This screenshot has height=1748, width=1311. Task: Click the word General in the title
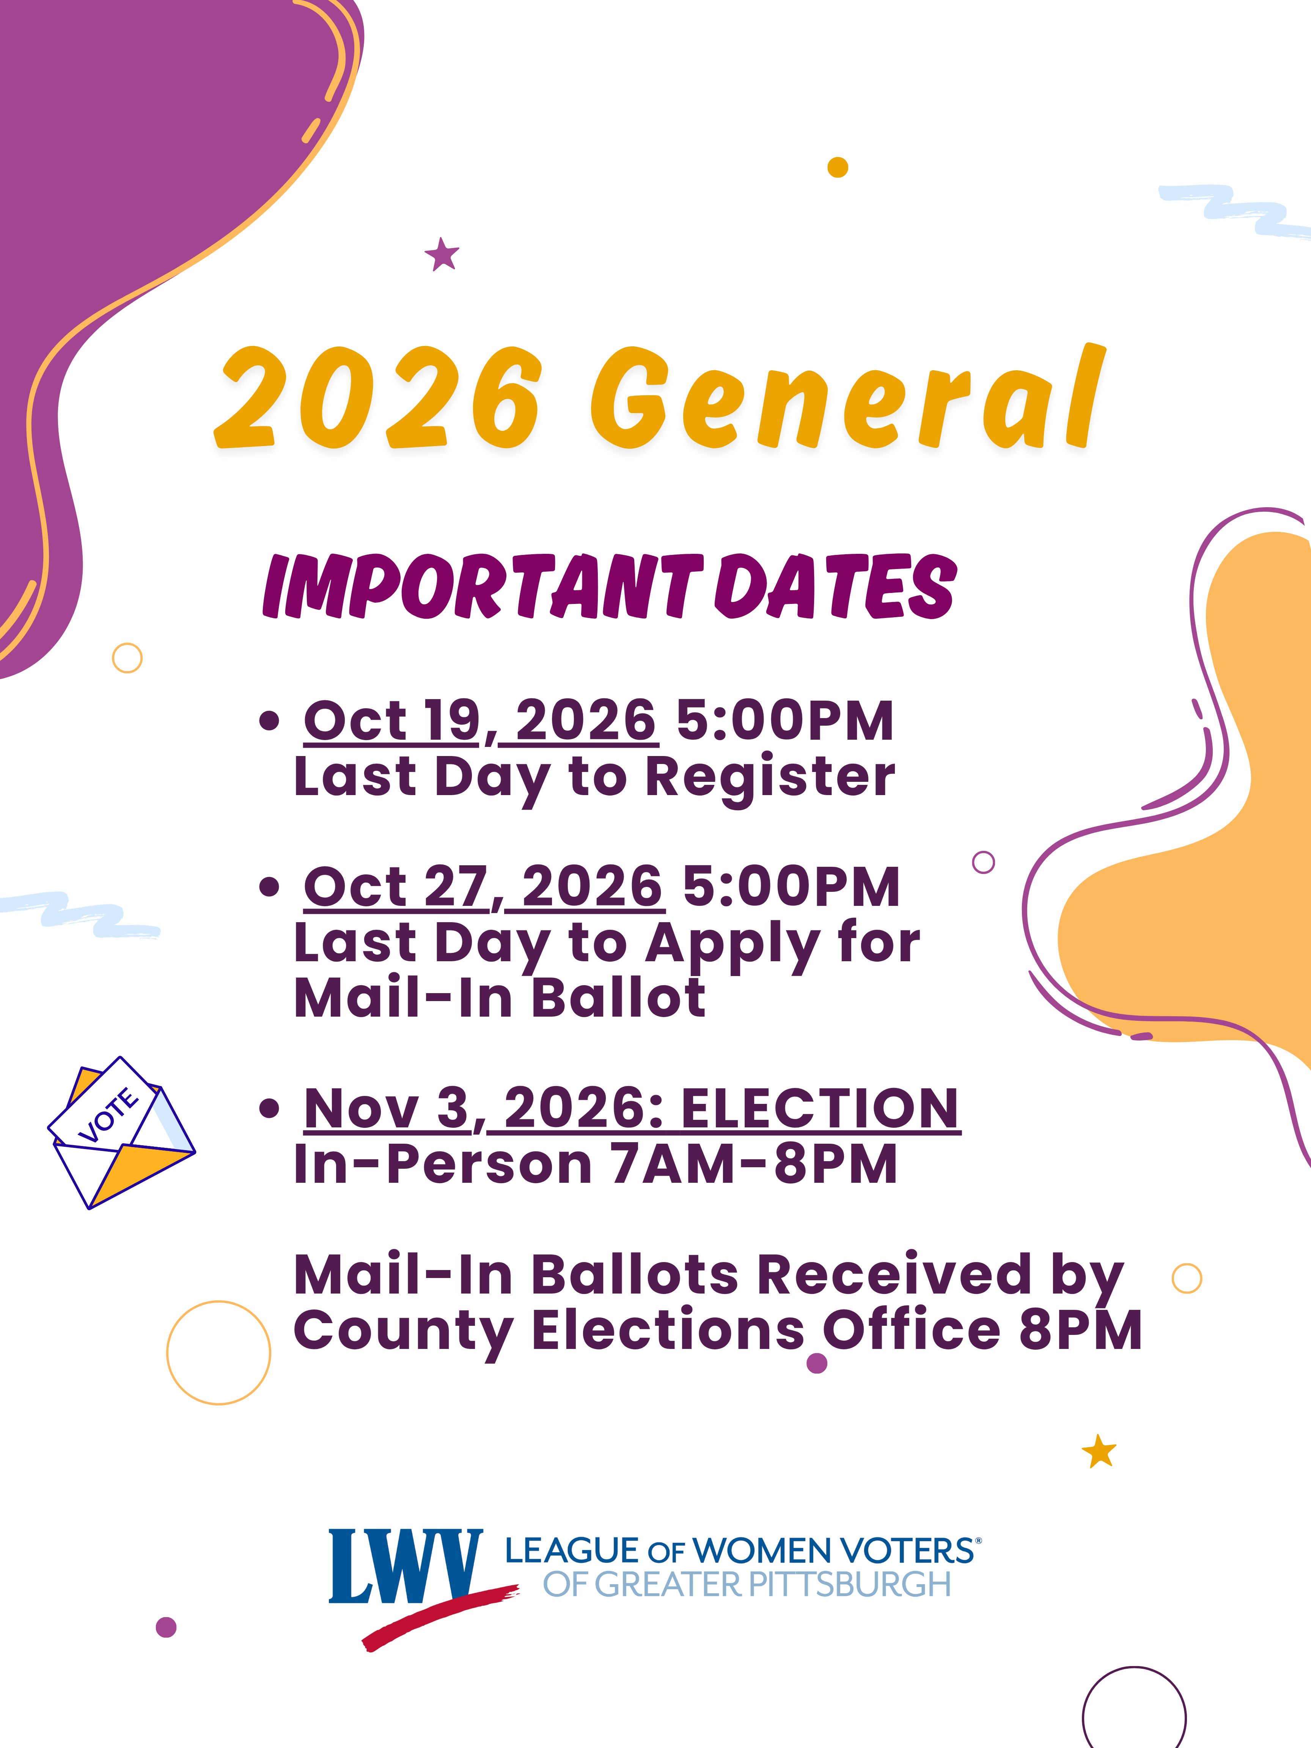[x=848, y=397]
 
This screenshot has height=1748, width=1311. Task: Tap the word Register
[x=770, y=778]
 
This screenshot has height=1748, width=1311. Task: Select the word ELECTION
[x=820, y=1109]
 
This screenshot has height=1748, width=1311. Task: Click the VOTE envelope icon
[x=121, y=1132]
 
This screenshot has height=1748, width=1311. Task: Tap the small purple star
[x=442, y=255]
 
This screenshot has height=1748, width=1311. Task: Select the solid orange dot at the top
[x=838, y=168]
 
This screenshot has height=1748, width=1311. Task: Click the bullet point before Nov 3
[x=269, y=1109]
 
